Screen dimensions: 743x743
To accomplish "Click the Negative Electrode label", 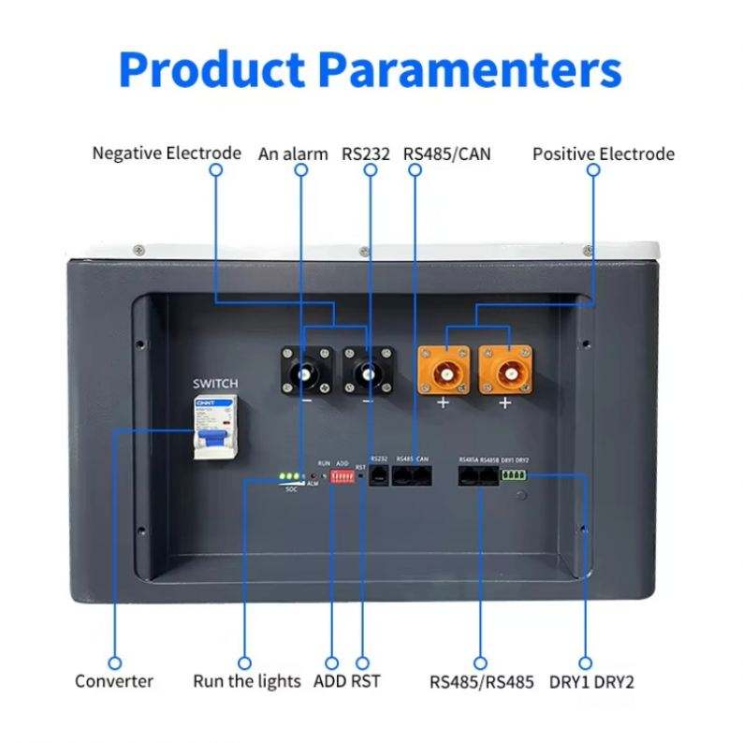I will [x=167, y=153].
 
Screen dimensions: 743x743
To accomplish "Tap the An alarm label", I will [x=293, y=153].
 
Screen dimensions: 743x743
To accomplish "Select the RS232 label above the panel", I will [x=366, y=153].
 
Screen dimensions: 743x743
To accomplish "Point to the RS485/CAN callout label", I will [x=447, y=153].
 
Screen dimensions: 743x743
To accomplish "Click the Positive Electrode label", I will [x=604, y=153].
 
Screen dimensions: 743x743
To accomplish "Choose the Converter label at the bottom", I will [x=114, y=681].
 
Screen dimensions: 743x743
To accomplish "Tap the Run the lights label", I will [x=247, y=681].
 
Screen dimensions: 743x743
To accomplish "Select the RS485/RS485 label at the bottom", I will [x=482, y=681].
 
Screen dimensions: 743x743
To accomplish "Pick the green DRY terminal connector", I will [x=515, y=475].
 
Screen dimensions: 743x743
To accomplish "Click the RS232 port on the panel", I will [x=379, y=475].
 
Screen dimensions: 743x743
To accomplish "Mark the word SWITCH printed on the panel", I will [x=215, y=384].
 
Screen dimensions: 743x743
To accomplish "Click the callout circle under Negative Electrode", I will [x=215, y=171].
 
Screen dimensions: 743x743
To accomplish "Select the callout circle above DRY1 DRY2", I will [x=586, y=662].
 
